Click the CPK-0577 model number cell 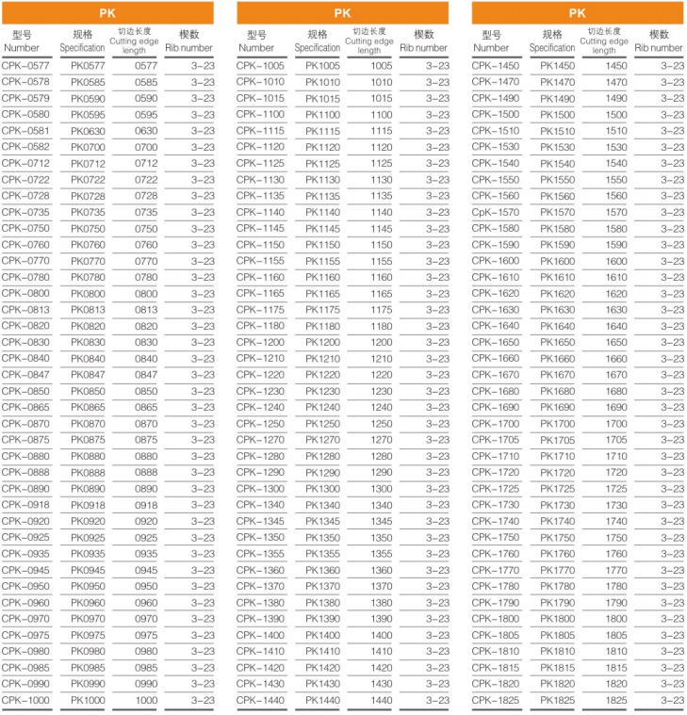(25, 66)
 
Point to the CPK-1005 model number (260, 66)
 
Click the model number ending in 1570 (495, 212)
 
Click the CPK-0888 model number (25, 472)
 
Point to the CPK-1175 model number (260, 309)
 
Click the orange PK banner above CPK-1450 (578, 13)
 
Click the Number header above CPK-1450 (491, 47)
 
